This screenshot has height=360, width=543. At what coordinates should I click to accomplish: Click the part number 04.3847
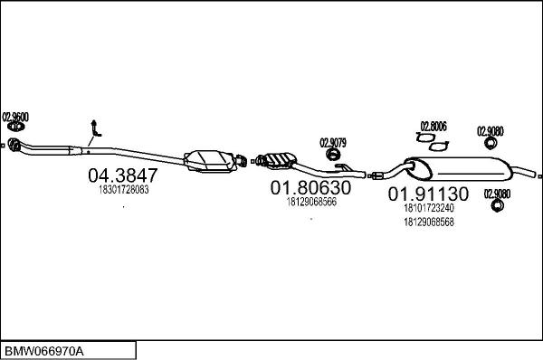tap(122, 175)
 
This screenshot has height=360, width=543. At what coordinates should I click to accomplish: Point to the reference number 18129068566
tap(311, 203)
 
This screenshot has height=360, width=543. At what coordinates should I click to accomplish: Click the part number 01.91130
tap(428, 194)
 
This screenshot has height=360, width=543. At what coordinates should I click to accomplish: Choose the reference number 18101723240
tap(428, 208)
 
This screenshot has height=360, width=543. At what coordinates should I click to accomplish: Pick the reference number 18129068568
tap(428, 223)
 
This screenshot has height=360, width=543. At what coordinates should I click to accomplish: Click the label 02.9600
tap(15, 117)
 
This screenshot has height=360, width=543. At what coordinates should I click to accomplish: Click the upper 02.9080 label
tap(491, 130)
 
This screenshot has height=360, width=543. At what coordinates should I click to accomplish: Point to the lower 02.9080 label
tap(497, 193)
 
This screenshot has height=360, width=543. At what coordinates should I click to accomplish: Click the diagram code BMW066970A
tap(45, 349)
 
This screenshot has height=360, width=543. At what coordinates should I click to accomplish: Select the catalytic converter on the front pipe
tap(210, 162)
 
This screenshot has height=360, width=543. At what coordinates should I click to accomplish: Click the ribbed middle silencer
tap(275, 161)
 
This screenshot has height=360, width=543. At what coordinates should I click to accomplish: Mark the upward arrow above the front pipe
tap(93, 128)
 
